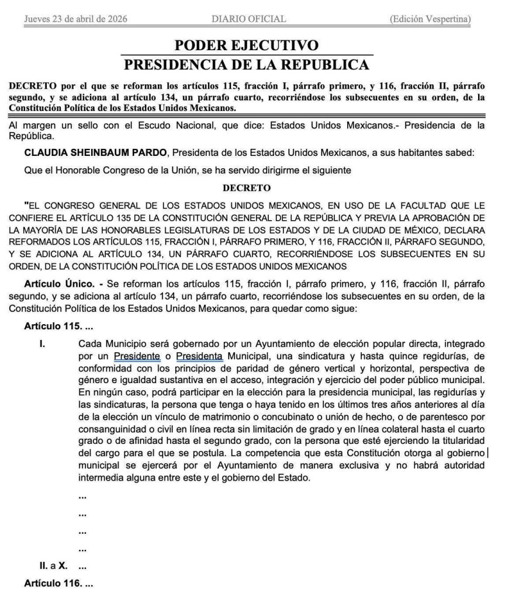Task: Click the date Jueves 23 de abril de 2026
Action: coord(76,19)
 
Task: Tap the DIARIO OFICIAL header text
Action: coord(249,19)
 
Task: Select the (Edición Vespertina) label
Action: coord(430,19)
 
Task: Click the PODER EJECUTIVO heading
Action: coord(247,46)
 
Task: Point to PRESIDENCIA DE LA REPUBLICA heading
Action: coord(247,64)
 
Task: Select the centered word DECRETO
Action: coord(247,188)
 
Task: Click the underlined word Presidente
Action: coord(137,355)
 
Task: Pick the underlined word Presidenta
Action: coord(199,355)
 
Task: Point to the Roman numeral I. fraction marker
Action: coord(42,343)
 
